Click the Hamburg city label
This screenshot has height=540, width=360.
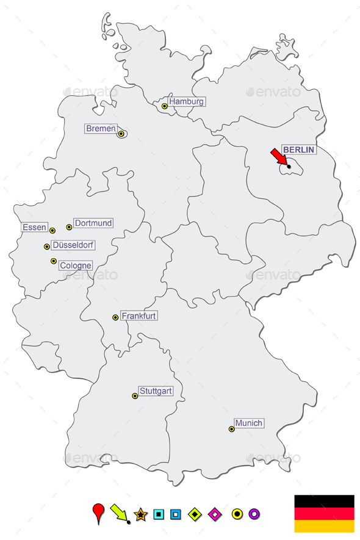click(186, 102)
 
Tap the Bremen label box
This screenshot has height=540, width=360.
click(101, 129)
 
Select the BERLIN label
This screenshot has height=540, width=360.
click(298, 149)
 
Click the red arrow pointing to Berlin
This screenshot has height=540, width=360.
click(279, 157)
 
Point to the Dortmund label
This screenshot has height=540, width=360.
click(93, 223)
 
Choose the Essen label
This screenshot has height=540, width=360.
click(34, 228)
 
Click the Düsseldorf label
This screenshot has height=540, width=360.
click(73, 245)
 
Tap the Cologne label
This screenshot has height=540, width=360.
click(76, 265)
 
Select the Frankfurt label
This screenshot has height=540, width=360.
click(139, 316)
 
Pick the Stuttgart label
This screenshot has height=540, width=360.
click(156, 391)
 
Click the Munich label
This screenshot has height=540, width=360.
click(249, 423)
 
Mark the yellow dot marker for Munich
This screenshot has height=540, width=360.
click(231, 429)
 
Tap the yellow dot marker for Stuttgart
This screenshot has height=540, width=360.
click(135, 396)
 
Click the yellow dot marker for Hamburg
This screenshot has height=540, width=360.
click(164, 106)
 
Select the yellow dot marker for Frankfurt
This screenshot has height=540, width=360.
click(115, 317)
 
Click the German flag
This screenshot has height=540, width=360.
click(324, 513)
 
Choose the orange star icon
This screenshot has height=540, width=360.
click(141, 514)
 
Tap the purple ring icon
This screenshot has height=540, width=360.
click(254, 514)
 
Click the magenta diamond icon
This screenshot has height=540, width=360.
click(215, 514)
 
